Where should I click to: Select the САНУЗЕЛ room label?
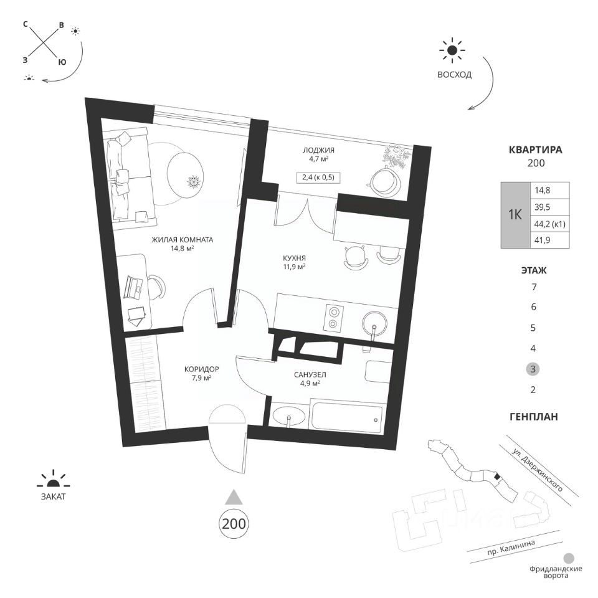[307, 375]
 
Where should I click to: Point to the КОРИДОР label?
[201, 369]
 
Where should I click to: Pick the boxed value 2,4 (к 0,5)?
[318, 177]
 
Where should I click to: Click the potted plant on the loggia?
[396, 156]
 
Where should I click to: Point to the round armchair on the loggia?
[383, 182]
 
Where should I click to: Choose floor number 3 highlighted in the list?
[533, 369]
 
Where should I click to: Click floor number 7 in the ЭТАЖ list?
[533, 287]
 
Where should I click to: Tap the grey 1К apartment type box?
[515, 216]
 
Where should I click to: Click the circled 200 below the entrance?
[234, 523]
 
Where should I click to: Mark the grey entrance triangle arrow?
[234, 496]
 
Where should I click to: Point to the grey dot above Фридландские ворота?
[568, 559]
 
